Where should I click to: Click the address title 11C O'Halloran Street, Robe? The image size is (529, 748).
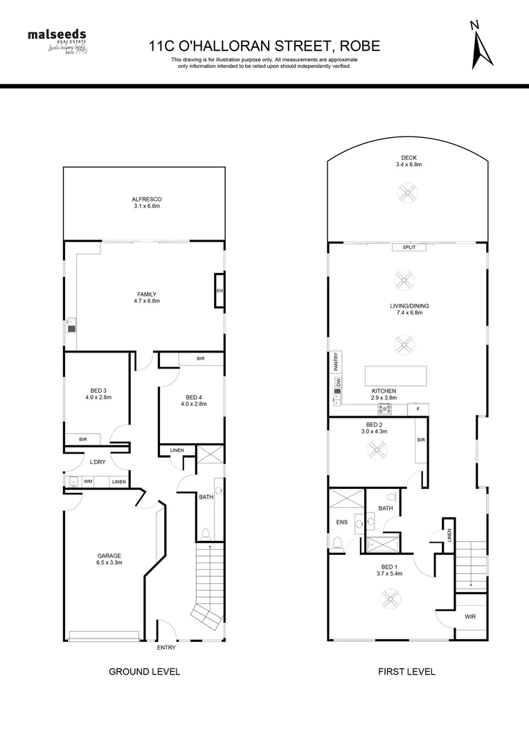[264, 46]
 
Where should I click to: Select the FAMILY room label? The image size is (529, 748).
[146, 294]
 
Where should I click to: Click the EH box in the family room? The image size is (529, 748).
[219, 291]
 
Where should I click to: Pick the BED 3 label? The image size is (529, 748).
[98, 389]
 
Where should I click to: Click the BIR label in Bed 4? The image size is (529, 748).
[200, 359]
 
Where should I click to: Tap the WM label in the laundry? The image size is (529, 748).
[88, 481]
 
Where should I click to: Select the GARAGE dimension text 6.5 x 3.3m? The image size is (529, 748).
[109, 564]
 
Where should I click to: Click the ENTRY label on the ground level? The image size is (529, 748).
[166, 648]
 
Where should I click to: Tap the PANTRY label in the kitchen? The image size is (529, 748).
[337, 362]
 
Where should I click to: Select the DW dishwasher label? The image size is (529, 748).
[338, 382]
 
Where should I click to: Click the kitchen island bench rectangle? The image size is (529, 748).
[396, 376]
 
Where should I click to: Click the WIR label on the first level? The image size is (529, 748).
[469, 616]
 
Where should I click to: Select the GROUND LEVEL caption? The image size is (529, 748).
[145, 671]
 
